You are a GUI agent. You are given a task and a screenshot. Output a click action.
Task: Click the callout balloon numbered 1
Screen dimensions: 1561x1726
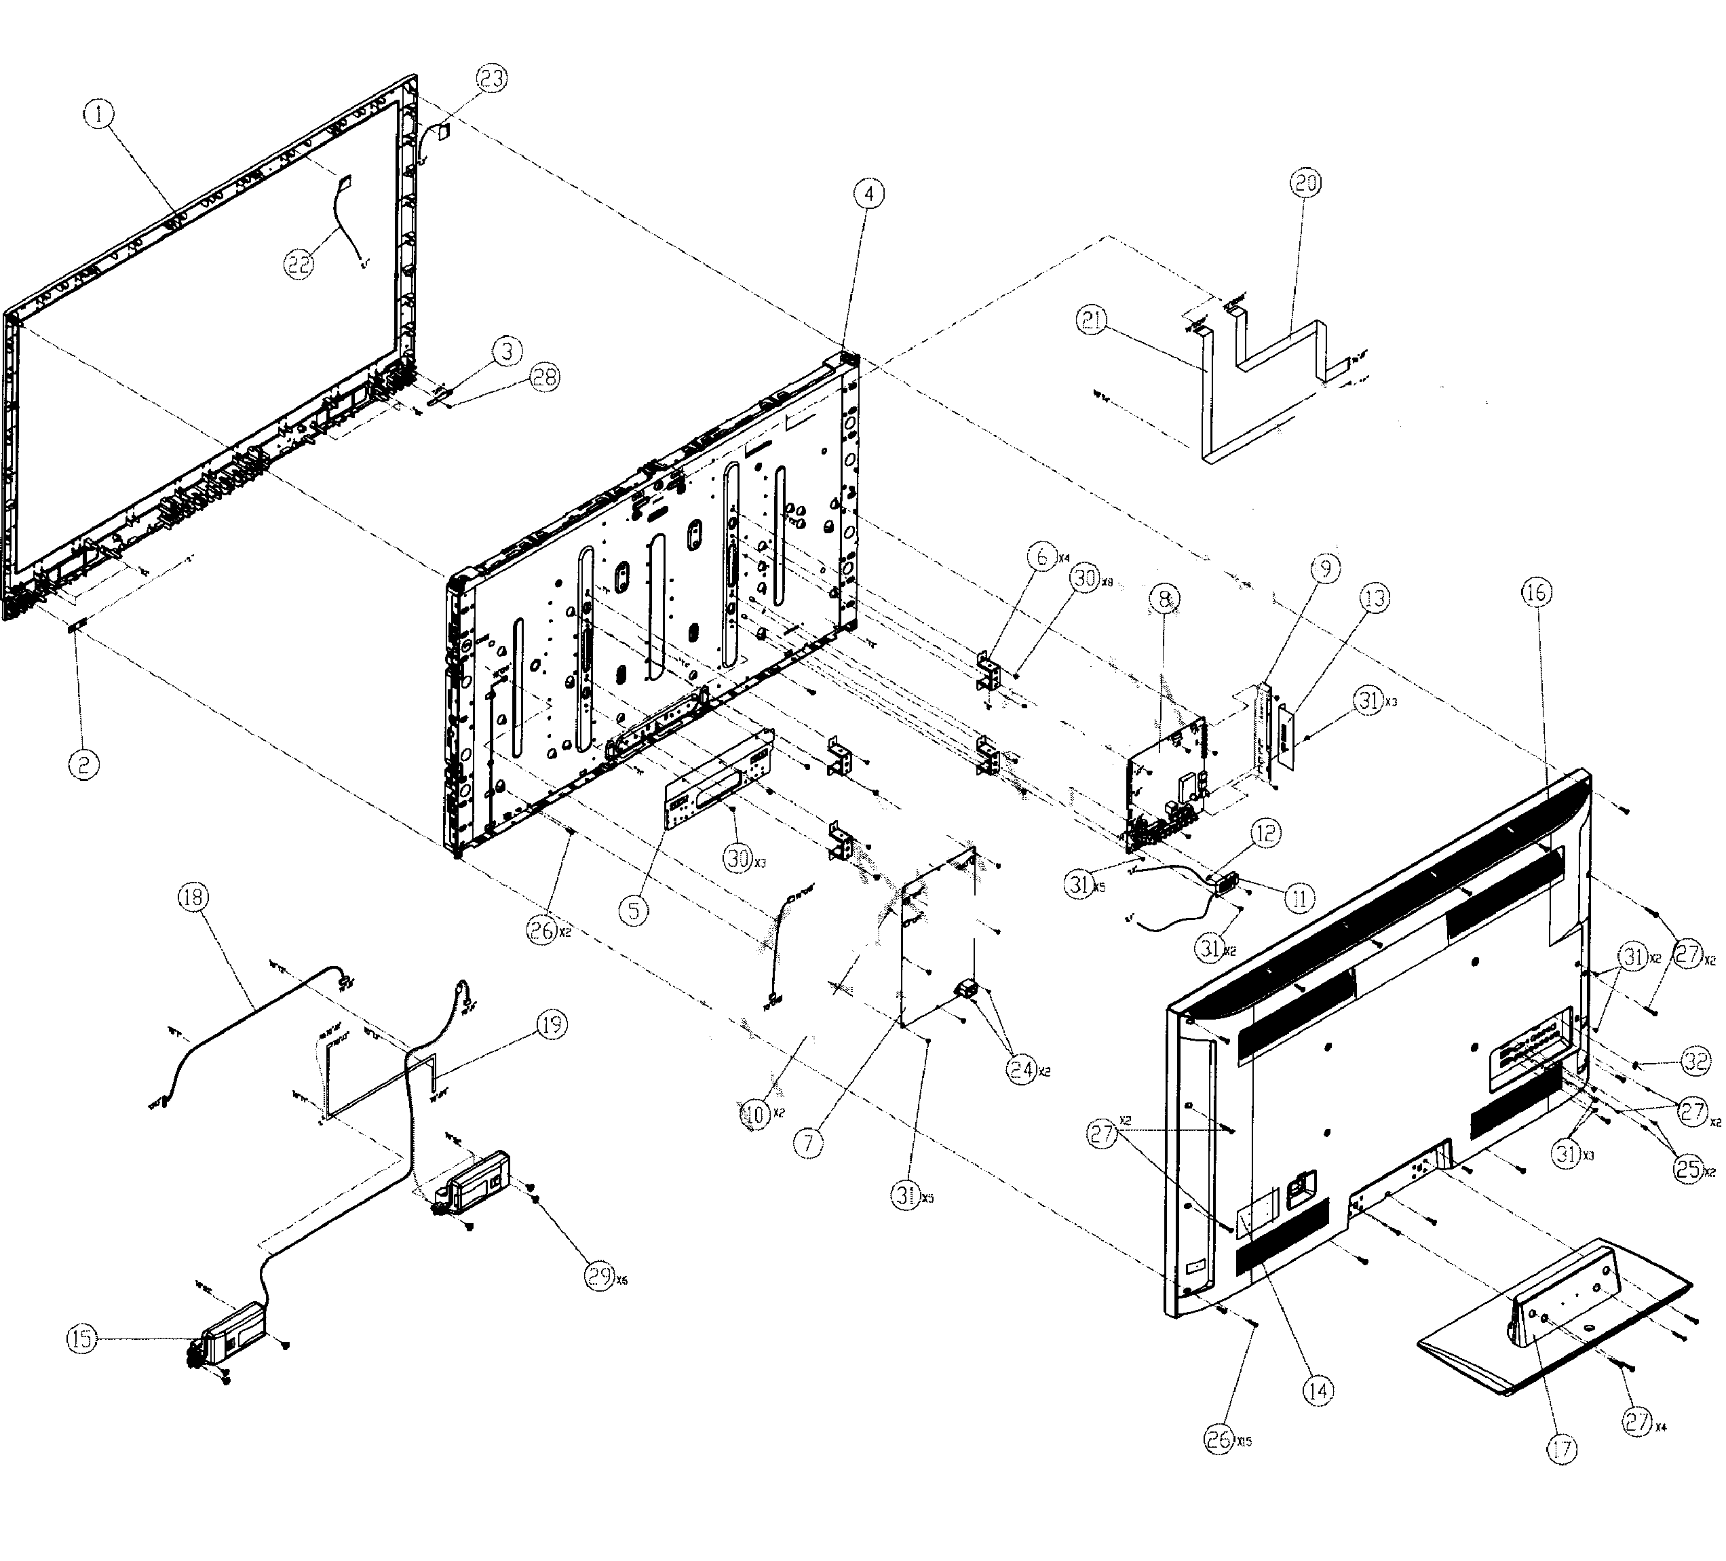[100, 114]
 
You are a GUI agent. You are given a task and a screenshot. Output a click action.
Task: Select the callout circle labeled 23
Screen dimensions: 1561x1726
[491, 79]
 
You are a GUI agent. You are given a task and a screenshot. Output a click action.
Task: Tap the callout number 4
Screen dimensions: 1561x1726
[868, 195]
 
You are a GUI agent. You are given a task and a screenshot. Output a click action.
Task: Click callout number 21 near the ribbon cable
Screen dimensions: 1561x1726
[1092, 322]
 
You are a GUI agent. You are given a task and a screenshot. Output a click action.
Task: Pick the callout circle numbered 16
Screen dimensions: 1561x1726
[1537, 592]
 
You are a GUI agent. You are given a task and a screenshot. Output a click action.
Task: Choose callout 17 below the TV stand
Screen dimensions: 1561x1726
[1562, 1449]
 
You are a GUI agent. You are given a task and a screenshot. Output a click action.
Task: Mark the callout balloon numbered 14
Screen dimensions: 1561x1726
[1318, 1391]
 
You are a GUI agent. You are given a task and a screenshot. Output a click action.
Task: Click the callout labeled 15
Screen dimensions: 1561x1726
[83, 1339]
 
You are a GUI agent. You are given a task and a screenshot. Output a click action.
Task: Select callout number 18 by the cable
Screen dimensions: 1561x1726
[193, 897]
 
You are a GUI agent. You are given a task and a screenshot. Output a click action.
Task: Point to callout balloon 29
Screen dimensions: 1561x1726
[598, 1276]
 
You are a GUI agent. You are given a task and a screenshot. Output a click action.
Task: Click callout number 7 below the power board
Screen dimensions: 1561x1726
[808, 1142]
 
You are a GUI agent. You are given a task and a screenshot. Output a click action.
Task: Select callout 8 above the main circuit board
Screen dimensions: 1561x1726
[1166, 600]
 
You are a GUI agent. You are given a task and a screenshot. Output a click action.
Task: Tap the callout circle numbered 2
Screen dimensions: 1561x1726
[83, 764]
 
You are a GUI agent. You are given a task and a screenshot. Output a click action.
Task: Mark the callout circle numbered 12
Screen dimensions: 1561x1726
[1266, 832]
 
